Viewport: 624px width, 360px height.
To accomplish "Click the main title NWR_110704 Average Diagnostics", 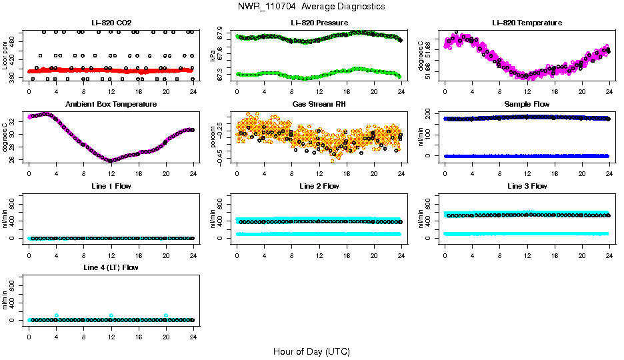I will click(311, 6).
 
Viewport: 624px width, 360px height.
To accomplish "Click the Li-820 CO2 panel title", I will click(111, 23).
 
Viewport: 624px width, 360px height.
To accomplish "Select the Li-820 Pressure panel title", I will click(319, 23).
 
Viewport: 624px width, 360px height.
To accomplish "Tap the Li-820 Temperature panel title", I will click(527, 23).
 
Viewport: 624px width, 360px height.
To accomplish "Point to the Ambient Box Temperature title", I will click(111, 104).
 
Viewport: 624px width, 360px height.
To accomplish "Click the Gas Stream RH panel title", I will click(319, 104).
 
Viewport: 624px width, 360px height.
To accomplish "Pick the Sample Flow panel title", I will click(527, 104).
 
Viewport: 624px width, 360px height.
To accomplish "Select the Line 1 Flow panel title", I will click(111, 186).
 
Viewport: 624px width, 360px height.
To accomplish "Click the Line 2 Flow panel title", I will click(319, 186).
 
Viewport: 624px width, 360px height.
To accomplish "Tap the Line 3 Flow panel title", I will click(527, 186).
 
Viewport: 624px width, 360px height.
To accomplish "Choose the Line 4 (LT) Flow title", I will click(111, 267).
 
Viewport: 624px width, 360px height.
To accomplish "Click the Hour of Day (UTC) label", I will click(311, 351).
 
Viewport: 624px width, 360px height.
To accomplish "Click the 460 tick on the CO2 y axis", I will click(14, 41).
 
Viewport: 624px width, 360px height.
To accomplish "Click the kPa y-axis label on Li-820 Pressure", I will click(213, 57).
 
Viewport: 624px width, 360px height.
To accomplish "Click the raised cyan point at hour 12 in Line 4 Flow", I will click(111, 315).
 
